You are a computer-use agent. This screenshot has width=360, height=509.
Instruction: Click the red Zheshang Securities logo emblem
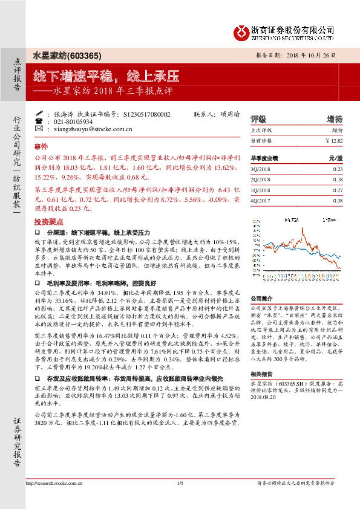point(242,31)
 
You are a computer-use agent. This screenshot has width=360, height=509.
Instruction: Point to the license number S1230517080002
point(146,114)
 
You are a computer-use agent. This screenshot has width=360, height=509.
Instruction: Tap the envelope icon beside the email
point(39,129)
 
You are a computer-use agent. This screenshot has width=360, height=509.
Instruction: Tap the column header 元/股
point(335,158)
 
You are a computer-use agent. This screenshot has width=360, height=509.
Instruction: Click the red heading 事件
point(41,147)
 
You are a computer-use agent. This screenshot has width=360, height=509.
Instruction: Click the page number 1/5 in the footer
point(180,483)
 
